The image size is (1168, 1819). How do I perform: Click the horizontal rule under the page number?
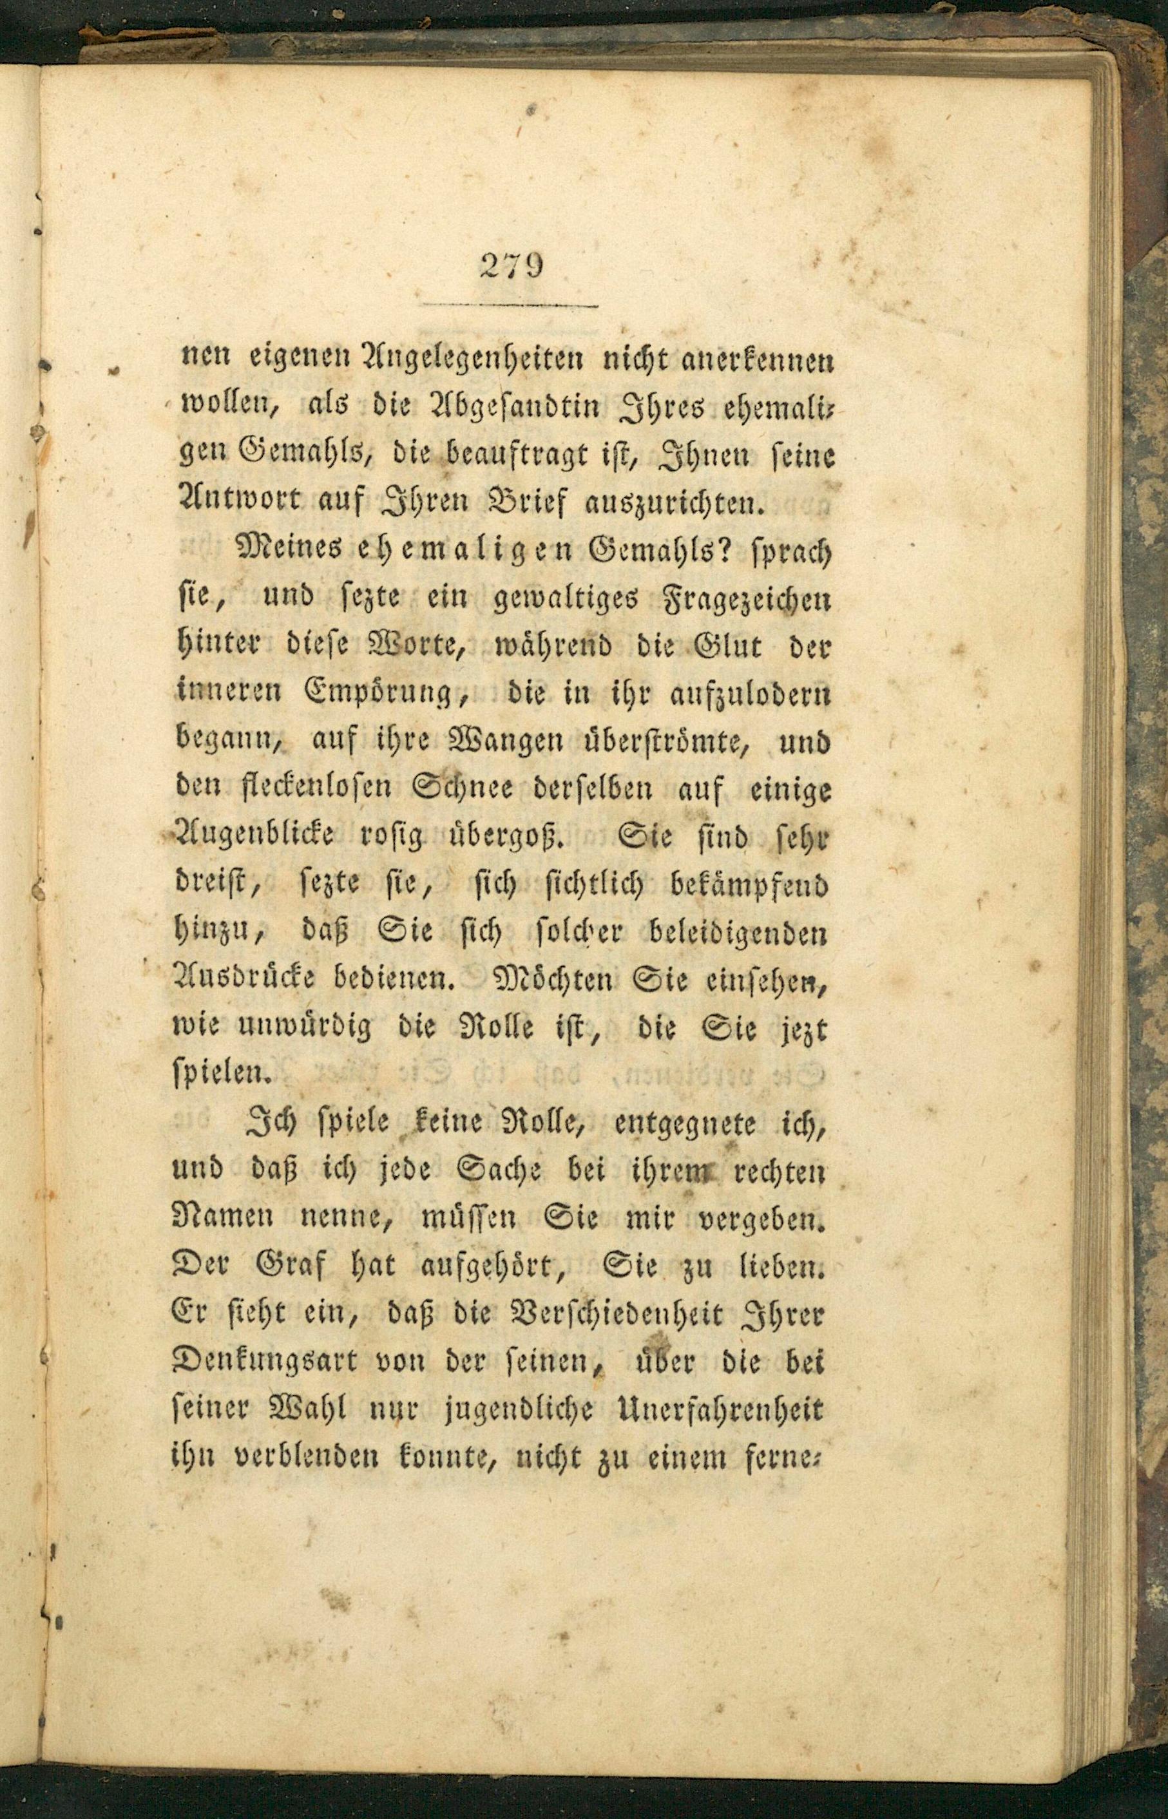[510, 305]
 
